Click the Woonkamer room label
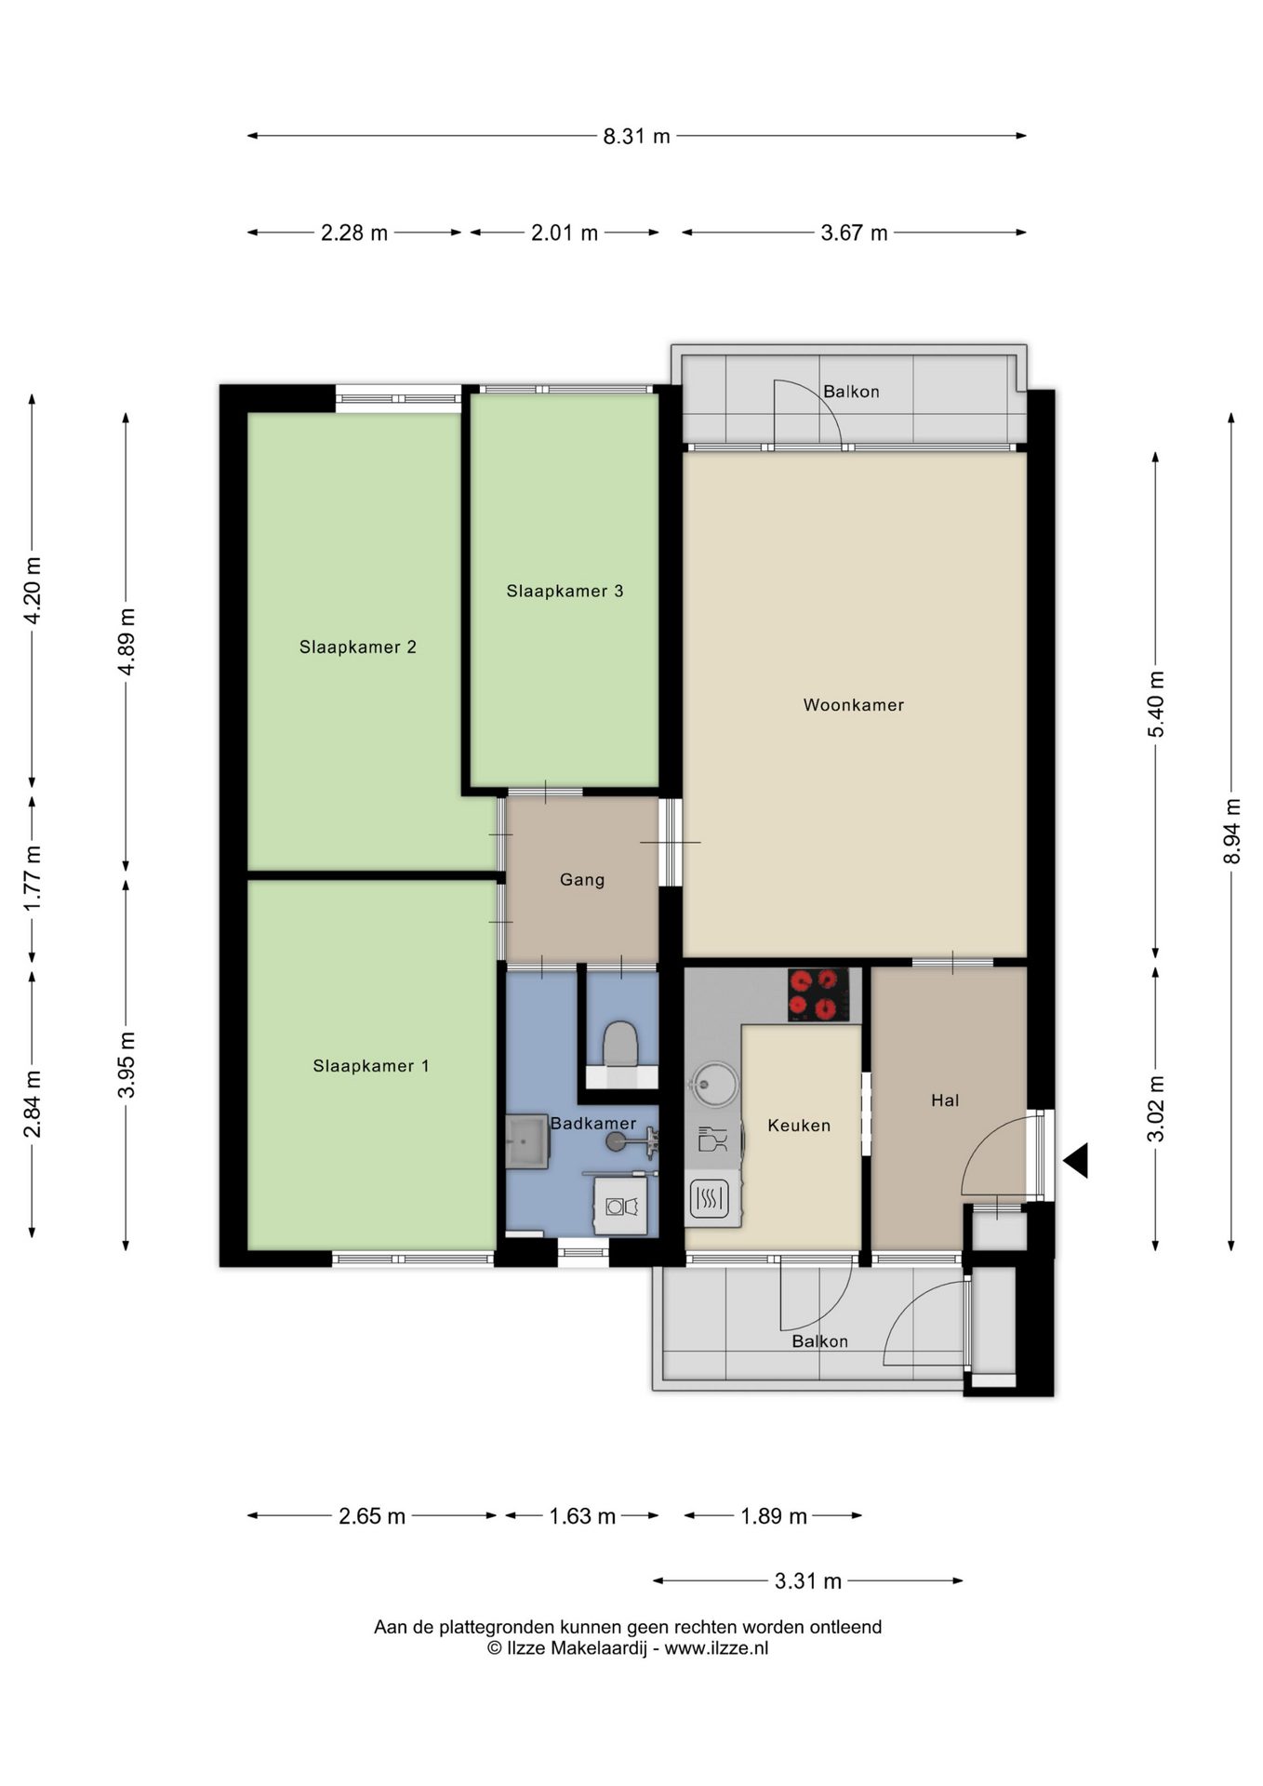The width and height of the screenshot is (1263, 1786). click(854, 705)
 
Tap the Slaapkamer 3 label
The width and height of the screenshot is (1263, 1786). click(565, 591)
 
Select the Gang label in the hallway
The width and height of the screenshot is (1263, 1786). click(582, 880)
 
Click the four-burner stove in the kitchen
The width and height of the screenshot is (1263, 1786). click(818, 994)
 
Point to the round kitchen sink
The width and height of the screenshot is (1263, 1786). click(713, 1085)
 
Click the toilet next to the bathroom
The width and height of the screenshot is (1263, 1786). click(620, 1045)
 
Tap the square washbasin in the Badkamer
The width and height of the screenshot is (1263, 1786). click(527, 1141)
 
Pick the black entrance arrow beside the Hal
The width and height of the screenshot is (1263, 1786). click(1076, 1161)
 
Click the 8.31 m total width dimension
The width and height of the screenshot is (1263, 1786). click(636, 136)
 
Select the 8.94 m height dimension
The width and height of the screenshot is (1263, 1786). click(1231, 831)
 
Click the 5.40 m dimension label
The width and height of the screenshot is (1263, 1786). click(1155, 704)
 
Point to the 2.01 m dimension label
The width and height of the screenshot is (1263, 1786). click(565, 233)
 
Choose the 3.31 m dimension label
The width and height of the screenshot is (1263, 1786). click(808, 1580)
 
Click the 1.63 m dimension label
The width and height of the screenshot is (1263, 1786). click(582, 1516)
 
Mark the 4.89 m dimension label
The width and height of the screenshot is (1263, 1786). click(126, 642)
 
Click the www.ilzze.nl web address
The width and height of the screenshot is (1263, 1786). click(716, 1648)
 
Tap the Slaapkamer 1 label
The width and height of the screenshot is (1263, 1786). click(371, 1066)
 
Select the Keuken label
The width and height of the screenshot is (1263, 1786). click(799, 1126)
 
